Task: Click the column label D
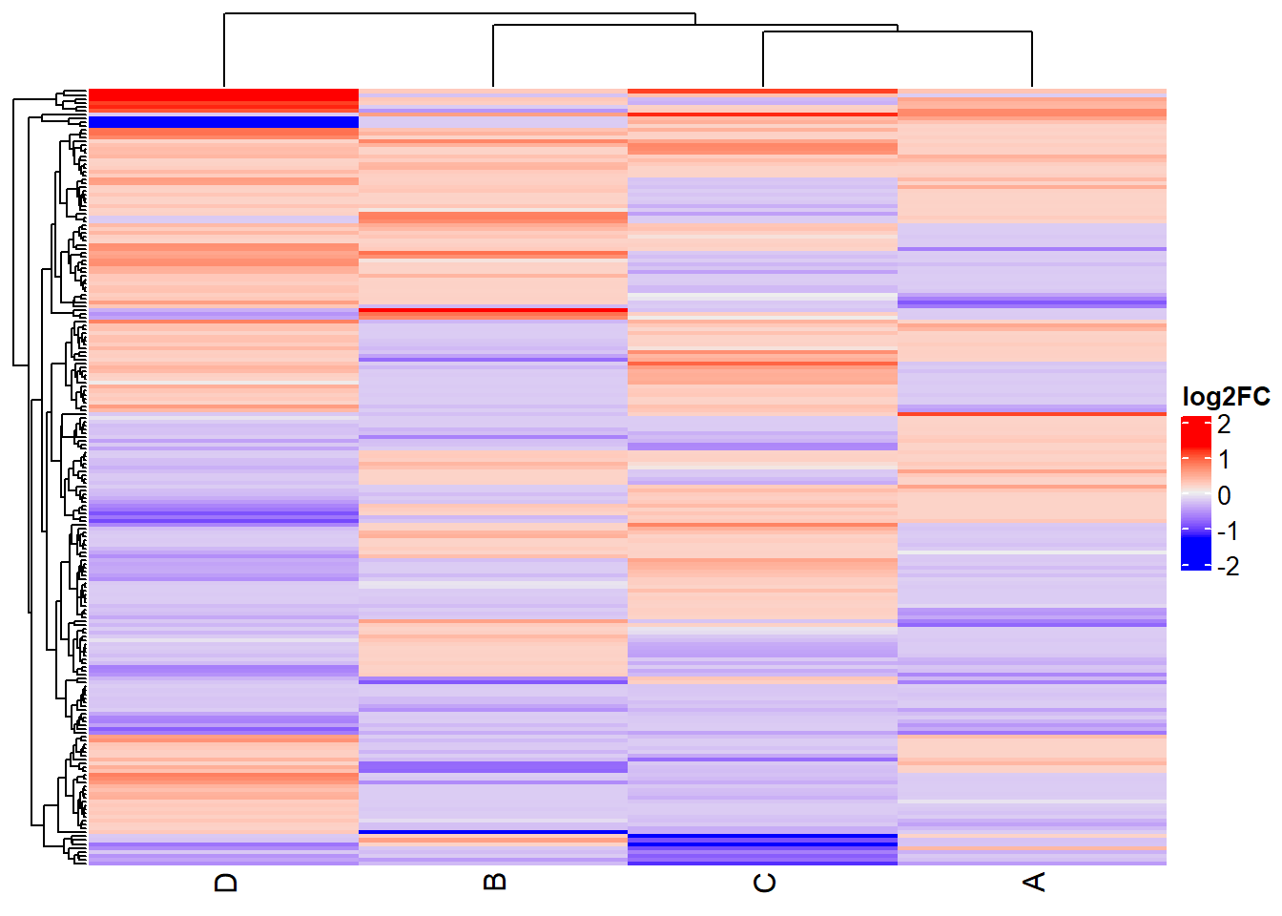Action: point(226,882)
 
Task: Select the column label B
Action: point(495,882)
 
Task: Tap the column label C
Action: point(764,883)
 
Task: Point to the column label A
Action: point(1034,882)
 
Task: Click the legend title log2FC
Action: point(1226,396)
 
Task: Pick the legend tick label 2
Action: point(1224,425)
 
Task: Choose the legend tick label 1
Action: point(1224,460)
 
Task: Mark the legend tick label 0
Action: point(1224,495)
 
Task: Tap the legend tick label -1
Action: point(1228,531)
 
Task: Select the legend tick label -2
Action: point(1228,566)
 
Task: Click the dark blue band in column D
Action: point(223,122)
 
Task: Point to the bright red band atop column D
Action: point(223,96)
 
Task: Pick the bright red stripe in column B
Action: point(493,310)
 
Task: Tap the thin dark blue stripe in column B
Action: point(493,832)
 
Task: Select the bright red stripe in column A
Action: point(1032,413)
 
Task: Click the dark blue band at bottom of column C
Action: point(763,840)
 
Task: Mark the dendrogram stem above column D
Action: point(224,52)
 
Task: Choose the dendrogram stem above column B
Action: point(493,57)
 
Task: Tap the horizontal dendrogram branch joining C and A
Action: point(897,31)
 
